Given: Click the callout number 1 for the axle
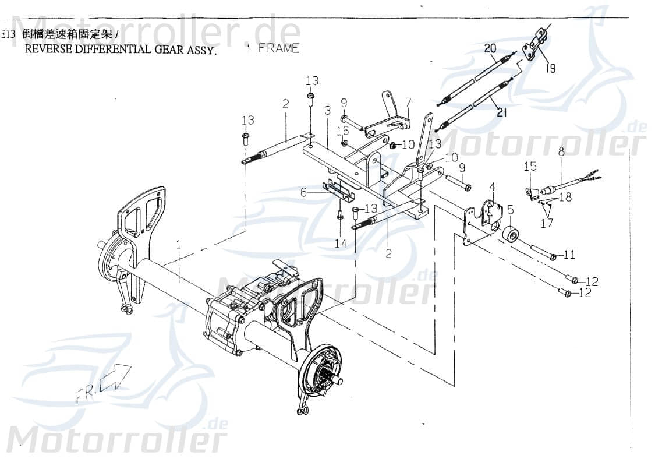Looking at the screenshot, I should (179, 243).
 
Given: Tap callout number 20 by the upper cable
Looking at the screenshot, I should (490, 48).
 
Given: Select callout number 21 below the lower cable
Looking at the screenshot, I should (502, 112).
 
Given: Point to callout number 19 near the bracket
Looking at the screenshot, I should (550, 68).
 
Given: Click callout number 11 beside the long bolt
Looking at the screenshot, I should (570, 255).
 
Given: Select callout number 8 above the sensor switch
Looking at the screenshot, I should (561, 152).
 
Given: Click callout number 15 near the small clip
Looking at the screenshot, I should (530, 167).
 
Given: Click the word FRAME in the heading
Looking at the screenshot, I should (279, 48).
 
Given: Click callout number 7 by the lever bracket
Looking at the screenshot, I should (408, 103).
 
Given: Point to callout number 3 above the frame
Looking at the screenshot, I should (328, 110).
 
